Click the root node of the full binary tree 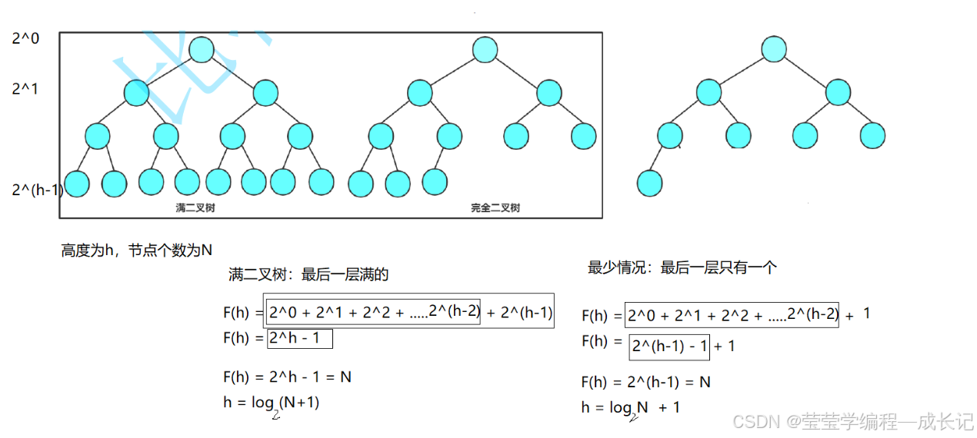point(200,50)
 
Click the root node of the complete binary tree point(485,50)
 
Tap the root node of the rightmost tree point(774,50)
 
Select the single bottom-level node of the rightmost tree point(649,184)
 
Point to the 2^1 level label point(25,89)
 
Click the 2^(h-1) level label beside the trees point(37,189)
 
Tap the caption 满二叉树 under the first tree point(195,207)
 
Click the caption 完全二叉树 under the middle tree point(495,207)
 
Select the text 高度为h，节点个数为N point(136,251)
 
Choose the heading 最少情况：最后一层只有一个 point(682,267)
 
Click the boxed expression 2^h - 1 point(299,338)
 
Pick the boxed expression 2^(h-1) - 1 point(669,346)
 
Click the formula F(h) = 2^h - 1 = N point(287,377)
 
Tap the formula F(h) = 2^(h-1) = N point(646,382)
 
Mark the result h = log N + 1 point(631,408)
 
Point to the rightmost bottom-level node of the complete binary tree point(434,182)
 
